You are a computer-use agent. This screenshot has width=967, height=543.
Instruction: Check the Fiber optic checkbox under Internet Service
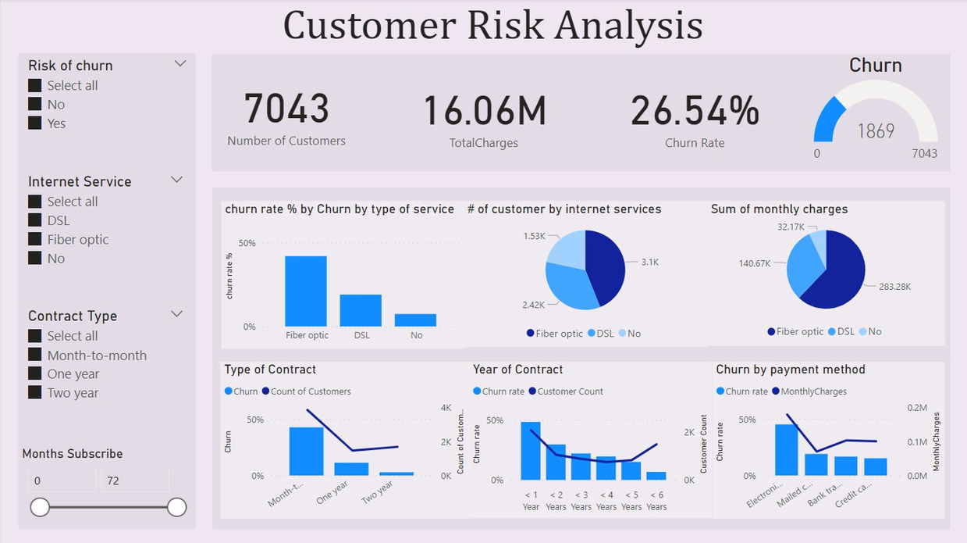tap(35, 240)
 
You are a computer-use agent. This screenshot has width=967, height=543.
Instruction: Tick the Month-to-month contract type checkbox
tap(35, 355)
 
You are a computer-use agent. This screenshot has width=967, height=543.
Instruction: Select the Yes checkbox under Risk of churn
tap(35, 123)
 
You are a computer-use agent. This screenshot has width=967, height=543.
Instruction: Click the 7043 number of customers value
tap(286, 109)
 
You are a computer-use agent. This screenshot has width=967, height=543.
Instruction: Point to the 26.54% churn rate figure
tap(695, 111)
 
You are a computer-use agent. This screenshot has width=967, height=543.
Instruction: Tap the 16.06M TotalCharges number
tap(484, 111)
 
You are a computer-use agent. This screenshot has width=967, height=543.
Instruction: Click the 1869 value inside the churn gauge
tap(876, 131)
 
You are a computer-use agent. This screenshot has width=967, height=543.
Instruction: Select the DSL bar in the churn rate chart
tap(361, 310)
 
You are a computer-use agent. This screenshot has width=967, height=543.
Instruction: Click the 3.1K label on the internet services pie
tap(649, 263)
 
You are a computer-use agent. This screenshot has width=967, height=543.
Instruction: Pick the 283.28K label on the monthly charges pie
tap(894, 287)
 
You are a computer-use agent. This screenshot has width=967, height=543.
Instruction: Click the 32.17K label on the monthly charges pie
tap(791, 227)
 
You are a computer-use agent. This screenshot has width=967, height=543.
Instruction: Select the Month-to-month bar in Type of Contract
tap(306, 451)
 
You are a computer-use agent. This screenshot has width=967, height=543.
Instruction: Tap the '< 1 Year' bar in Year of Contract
tap(531, 451)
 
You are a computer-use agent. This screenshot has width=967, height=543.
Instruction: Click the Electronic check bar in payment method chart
tap(786, 449)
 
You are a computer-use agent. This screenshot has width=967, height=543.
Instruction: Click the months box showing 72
tap(133, 480)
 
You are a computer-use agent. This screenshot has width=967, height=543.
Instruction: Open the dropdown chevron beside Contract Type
tap(177, 314)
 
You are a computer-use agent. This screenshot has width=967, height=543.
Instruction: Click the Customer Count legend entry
tap(570, 391)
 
